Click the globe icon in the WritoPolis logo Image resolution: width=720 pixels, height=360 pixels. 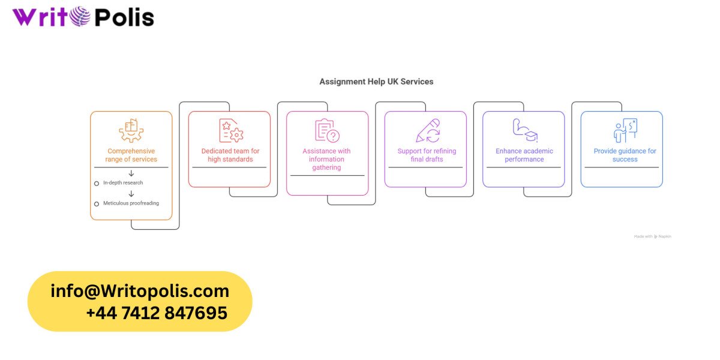pyautogui.click(x=80, y=16)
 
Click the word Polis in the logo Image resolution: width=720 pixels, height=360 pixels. pyautogui.click(x=125, y=17)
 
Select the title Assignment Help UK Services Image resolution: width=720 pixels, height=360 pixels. pyautogui.click(x=376, y=82)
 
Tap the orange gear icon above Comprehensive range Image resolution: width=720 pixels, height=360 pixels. pyautogui.click(x=131, y=130)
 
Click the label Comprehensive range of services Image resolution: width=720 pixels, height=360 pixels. pyautogui.click(x=131, y=155)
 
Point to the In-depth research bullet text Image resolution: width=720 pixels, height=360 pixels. pyautogui.click(x=123, y=182)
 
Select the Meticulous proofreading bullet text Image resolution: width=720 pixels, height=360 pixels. pyautogui.click(x=131, y=203)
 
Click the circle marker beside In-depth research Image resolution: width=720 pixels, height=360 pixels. pyautogui.click(x=97, y=184)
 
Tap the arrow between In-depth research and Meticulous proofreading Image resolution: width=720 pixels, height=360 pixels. pyautogui.click(x=131, y=193)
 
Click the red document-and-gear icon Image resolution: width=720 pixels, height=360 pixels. pyautogui.click(x=231, y=130)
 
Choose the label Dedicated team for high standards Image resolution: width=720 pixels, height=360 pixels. pyautogui.click(x=230, y=155)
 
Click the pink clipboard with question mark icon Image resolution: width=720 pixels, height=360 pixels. pyautogui.click(x=327, y=130)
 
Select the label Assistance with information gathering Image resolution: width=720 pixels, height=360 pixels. pyautogui.click(x=326, y=159)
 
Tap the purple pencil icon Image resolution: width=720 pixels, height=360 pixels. pyautogui.click(x=428, y=130)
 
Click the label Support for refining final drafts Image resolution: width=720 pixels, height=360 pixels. pyautogui.click(x=427, y=155)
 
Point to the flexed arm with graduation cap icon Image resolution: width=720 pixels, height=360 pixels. pyautogui.click(x=525, y=130)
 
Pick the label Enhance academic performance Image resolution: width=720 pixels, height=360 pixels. pyautogui.click(x=524, y=155)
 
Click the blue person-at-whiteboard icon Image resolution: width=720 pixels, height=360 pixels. pyautogui.click(x=625, y=130)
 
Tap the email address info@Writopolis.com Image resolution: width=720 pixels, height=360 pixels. pyautogui.click(x=140, y=291)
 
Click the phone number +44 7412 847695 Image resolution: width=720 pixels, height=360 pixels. pyautogui.click(x=157, y=313)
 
